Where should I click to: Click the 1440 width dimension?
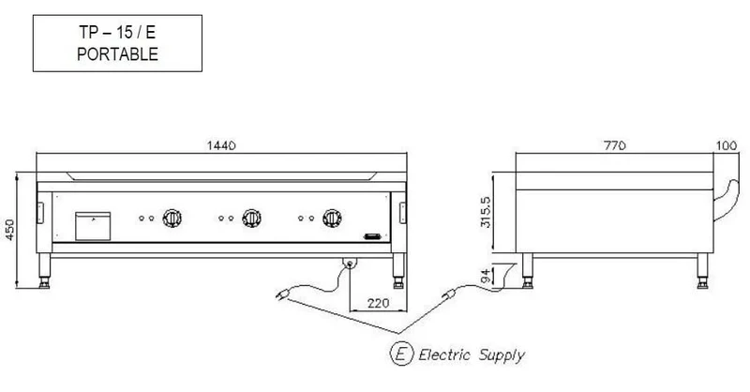[221, 145]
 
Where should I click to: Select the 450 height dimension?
[9, 230]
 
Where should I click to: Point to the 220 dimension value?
[379, 303]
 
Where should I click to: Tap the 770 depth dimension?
[615, 145]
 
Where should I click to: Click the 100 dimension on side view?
[727, 145]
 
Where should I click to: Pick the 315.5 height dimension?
[485, 212]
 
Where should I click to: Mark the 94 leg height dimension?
[485, 276]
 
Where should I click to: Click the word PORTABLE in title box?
[118, 54]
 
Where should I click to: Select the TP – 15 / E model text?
[117, 33]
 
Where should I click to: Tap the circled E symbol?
[401, 354]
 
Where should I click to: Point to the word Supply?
[502, 355]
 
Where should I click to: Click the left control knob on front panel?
[172, 219]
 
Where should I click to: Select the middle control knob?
[251, 219]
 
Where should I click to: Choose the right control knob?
[332, 219]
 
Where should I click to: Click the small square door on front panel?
[93, 226]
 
